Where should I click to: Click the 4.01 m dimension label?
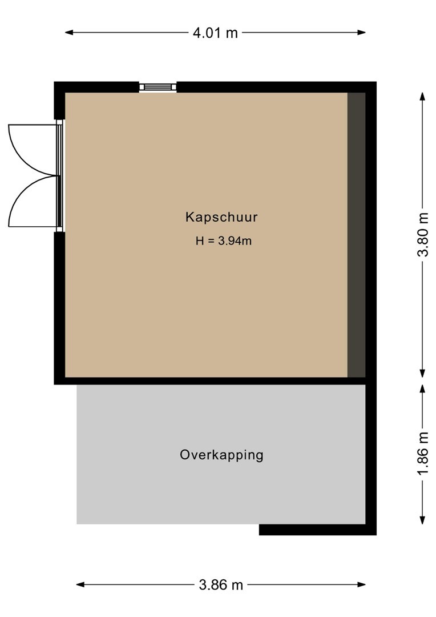215,33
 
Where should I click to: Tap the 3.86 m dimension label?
221,585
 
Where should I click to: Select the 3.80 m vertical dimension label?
423,235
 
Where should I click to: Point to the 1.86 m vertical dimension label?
423,453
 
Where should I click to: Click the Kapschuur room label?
221,217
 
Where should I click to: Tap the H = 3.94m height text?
223,241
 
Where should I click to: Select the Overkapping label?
221,455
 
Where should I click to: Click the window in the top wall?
158,87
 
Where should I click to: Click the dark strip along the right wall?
356,235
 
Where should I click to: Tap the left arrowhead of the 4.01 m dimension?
69,33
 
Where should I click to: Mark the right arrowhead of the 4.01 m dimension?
361,33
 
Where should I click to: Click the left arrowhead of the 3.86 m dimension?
80,585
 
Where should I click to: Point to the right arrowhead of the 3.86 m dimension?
361,585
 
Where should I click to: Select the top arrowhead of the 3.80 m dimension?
423,97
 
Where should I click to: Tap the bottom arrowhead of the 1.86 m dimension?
423,520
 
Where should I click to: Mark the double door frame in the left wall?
59,175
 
